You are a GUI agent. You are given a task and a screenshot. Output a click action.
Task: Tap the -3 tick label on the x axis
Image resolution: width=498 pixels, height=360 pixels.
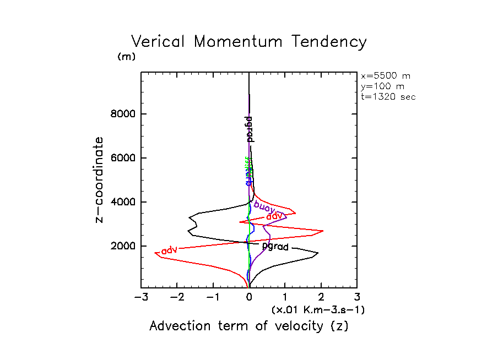pos(140,298)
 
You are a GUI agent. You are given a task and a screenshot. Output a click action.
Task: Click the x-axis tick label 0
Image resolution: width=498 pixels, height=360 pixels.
pos(249,298)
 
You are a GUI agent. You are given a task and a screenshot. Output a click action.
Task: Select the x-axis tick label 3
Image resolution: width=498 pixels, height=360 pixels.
pos(357,298)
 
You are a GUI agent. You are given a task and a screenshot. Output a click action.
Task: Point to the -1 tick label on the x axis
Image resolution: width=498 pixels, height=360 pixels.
pos(213,298)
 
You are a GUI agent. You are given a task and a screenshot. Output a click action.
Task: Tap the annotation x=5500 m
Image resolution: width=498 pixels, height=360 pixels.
pos(386,76)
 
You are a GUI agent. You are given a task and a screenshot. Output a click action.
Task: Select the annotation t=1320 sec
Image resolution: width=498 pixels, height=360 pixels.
pos(388,96)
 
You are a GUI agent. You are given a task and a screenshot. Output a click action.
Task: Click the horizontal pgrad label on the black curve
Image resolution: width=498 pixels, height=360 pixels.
pos(275,247)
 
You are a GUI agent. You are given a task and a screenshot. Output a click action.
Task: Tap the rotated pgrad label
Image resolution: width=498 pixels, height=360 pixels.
pos(249,129)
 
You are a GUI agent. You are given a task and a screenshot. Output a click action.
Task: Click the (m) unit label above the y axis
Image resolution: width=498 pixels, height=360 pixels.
pos(126,57)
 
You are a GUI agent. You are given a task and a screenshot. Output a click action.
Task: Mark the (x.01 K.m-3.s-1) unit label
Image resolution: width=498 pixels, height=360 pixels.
pos(318,310)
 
